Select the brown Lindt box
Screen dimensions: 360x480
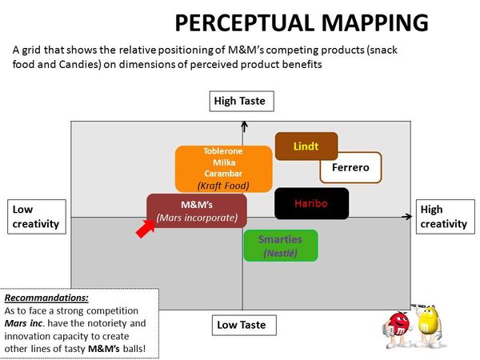click(306, 146)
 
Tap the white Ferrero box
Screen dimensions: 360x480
click(350, 168)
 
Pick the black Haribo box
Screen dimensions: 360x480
click(310, 203)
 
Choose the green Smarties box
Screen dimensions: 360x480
click(280, 245)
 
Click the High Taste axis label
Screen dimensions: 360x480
click(243, 101)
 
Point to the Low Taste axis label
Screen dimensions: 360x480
click(244, 326)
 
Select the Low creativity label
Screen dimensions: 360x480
click(36, 217)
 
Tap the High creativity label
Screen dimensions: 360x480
click(444, 217)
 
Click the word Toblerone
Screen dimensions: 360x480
click(212, 150)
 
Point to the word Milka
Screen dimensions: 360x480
click(212, 162)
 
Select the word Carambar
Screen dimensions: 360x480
click(212, 173)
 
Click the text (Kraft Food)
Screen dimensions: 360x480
click(212, 186)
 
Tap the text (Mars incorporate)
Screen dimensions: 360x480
click(197, 218)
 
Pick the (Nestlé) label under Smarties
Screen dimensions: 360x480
click(280, 254)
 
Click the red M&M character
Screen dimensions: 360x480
click(398, 326)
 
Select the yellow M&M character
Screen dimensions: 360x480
click(428, 322)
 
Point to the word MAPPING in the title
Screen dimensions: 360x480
click(361, 22)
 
